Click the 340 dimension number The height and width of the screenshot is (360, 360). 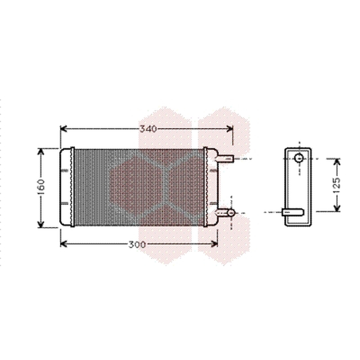click(148, 129)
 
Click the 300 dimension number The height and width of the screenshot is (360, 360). click(137, 245)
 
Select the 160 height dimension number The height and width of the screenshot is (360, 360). click(41, 187)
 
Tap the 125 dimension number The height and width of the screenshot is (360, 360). click(336, 185)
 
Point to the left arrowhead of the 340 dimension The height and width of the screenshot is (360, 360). click(63, 129)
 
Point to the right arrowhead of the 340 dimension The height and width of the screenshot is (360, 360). click(229, 129)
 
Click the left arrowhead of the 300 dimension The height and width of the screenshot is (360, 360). click(63, 244)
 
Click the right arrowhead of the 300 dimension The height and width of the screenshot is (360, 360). click(214, 244)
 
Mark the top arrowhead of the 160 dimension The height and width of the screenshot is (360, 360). click(40, 152)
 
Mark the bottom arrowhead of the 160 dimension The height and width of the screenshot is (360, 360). click(40, 224)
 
